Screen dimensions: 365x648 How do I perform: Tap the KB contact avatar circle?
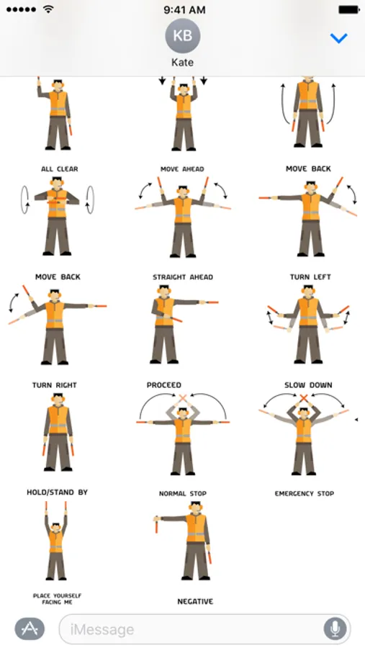pyautogui.click(x=182, y=36)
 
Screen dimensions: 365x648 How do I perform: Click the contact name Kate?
pyautogui.click(x=182, y=63)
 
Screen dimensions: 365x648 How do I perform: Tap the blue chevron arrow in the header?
pyautogui.click(x=338, y=38)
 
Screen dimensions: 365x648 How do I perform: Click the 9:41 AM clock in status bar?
pyautogui.click(x=184, y=10)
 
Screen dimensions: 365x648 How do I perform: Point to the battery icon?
pyautogui.click(x=349, y=9)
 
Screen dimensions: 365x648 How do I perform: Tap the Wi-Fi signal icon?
pyautogui.click(x=49, y=9)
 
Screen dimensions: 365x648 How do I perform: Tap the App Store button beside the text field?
pyautogui.click(x=30, y=629)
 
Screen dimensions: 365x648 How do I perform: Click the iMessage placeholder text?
pyautogui.click(x=102, y=629)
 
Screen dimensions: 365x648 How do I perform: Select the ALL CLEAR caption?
pyautogui.click(x=60, y=169)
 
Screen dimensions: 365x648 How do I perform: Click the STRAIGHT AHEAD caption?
pyautogui.click(x=183, y=277)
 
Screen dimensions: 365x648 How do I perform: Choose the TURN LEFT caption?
pyautogui.click(x=310, y=277)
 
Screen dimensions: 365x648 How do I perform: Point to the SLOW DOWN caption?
pyautogui.click(x=308, y=385)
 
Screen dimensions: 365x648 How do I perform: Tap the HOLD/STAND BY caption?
pyautogui.click(x=57, y=492)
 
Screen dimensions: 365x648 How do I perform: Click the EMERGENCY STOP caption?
pyautogui.click(x=305, y=493)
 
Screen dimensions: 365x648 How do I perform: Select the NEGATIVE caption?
pyautogui.click(x=195, y=602)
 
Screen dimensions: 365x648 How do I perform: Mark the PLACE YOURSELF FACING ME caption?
pyautogui.click(x=57, y=599)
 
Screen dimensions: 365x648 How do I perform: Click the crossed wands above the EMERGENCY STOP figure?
pyautogui.click(x=304, y=398)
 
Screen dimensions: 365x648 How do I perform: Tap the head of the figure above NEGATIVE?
pyautogui.click(x=195, y=508)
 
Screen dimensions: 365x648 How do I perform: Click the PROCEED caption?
pyautogui.click(x=164, y=385)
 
